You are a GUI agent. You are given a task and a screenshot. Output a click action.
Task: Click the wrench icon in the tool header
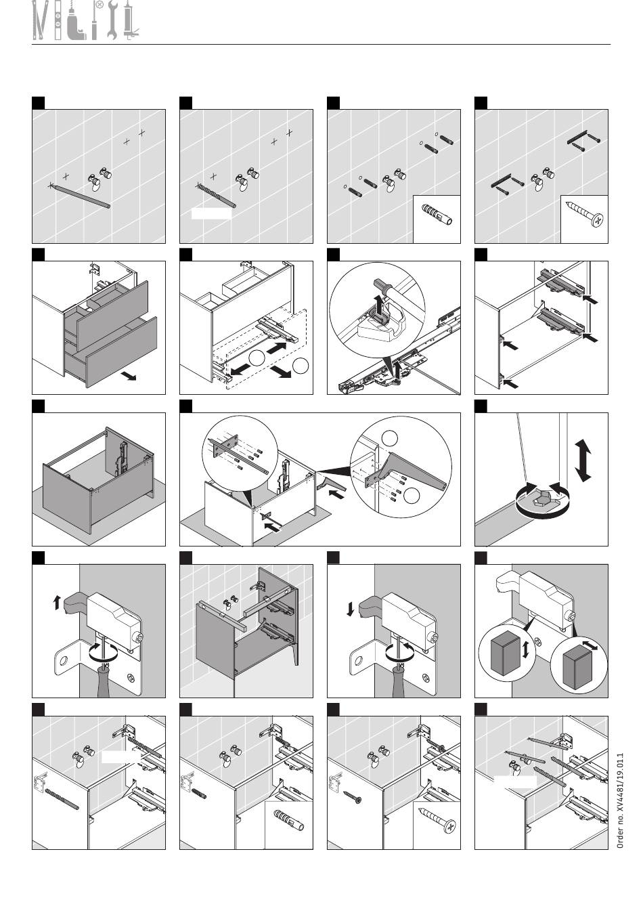[112, 20]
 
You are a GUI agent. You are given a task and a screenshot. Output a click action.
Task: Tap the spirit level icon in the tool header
[58, 20]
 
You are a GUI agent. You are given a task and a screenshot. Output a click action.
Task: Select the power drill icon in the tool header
[75, 24]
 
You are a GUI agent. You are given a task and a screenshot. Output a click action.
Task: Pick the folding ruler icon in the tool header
[40, 20]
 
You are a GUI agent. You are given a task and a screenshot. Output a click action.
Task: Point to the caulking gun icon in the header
[131, 20]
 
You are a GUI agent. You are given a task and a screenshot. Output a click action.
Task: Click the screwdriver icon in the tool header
[96, 20]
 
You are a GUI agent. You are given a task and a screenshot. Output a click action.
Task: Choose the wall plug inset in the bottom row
[288, 825]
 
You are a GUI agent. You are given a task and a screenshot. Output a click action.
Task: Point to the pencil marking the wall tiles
[79, 196]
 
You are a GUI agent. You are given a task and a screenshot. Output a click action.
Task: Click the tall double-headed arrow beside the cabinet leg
[583, 460]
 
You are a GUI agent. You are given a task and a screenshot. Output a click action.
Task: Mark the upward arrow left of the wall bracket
[56, 603]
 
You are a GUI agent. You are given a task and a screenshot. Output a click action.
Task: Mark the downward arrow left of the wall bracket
[350, 609]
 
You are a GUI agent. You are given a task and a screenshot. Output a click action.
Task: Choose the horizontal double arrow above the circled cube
[590, 644]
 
